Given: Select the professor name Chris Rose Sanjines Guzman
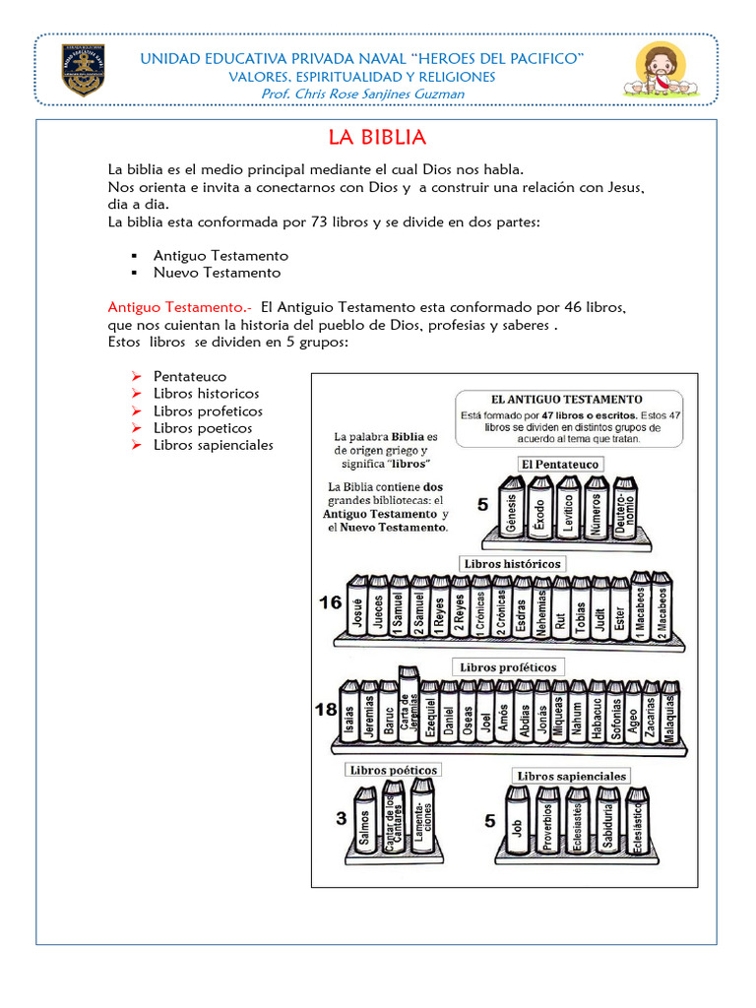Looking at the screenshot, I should (x=362, y=94).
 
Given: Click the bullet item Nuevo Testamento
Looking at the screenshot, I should (x=217, y=273).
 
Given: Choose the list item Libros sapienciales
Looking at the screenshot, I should (x=214, y=445).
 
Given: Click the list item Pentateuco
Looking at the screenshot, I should (x=190, y=376).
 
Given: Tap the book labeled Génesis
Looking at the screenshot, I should (x=511, y=511).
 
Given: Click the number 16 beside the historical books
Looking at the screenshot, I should (x=331, y=602).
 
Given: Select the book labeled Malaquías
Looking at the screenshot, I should (x=669, y=717).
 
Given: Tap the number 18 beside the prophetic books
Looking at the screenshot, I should (x=326, y=710).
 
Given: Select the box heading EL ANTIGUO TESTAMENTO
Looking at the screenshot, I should (x=566, y=399).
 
